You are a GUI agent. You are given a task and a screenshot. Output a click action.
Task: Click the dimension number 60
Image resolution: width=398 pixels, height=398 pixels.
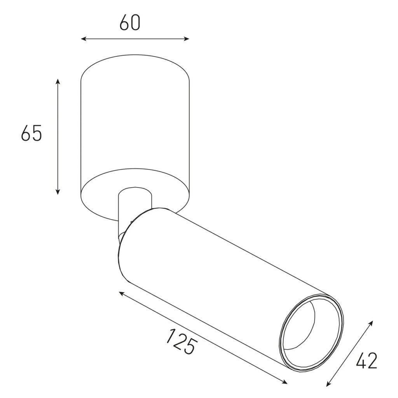pyautogui.click(x=129, y=23)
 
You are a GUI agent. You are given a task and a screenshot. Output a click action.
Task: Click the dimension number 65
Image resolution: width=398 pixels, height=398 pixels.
pyautogui.click(x=31, y=133)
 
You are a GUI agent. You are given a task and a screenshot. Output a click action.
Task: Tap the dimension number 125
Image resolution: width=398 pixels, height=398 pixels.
pyautogui.click(x=180, y=341)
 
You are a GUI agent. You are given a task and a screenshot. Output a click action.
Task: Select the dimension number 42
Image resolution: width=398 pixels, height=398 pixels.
pyautogui.click(x=366, y=361)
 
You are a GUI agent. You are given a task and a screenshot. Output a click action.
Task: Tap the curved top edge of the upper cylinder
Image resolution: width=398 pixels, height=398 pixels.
pyautogui.click(x=134, y=56)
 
